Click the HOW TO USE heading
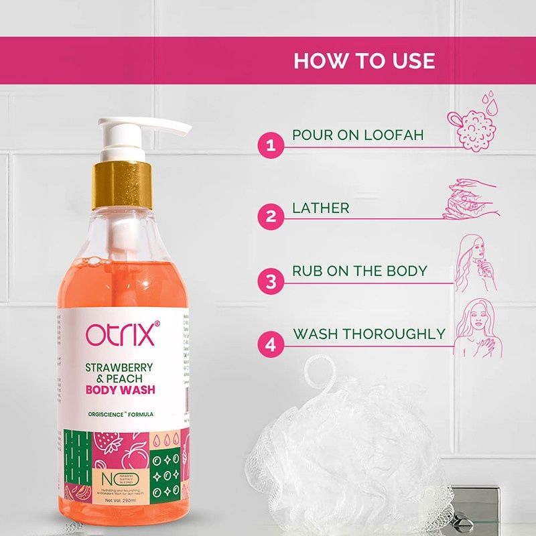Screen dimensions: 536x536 pyautogui.click(x=364, y=60)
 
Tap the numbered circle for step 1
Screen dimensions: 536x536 pyautogui.click(x=271, y=145)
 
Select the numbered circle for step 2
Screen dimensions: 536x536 pyautogui.click(x=271, y=216)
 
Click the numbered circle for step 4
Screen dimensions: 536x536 pyautogui.click(x=271, y=344)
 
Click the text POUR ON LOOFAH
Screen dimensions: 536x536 pyautogui.click(x=358, y=135)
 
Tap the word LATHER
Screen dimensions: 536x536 pyautogui.click(x=320, y=208)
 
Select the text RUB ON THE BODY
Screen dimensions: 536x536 pyautogui.click(x=359, y=271)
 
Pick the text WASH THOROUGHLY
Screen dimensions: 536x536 pyautogui.click(x=368, y=334)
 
